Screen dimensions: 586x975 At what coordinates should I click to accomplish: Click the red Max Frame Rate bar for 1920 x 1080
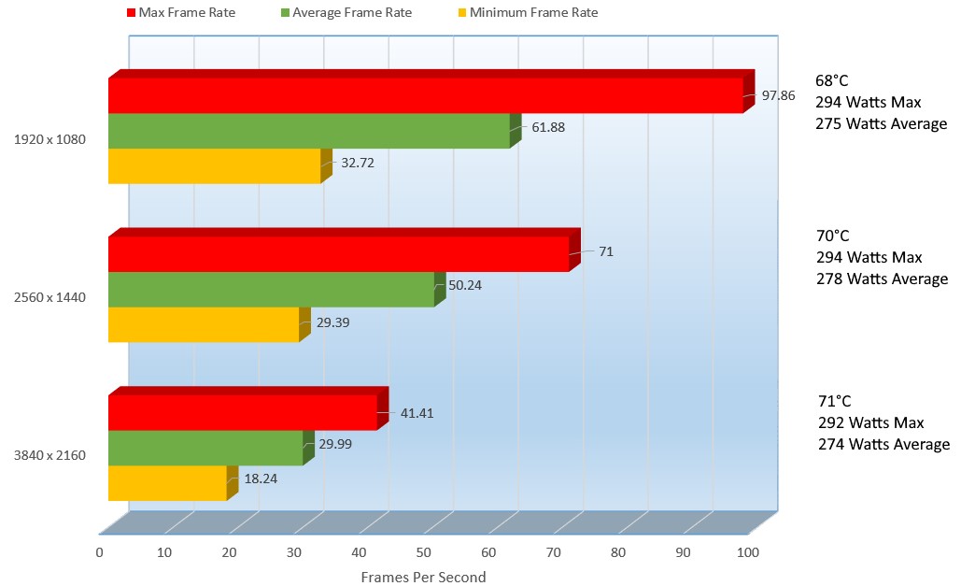click(425, 95)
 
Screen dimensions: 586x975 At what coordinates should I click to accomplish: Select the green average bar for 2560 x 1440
click(271, 290)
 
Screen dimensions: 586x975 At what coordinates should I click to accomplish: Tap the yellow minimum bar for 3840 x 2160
click(167, 483)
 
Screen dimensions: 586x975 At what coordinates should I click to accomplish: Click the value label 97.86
click(778, 95)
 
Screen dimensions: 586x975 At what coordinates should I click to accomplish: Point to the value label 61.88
click(548, 127)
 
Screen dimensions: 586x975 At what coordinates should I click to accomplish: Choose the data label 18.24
click(261, 478)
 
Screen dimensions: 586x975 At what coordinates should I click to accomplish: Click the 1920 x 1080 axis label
click(49, 139)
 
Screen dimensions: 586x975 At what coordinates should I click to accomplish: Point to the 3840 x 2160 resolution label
click(49, 455)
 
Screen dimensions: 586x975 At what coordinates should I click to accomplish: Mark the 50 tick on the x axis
click(423, 552)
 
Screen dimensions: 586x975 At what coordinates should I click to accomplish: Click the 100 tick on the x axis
click(747, 552)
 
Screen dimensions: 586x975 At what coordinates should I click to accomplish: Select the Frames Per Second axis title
click(423, 577)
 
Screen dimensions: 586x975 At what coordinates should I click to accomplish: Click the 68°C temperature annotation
click(833, 80)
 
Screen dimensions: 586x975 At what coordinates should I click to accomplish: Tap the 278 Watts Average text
click(882, 279)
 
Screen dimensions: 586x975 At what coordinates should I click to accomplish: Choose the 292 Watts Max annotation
click(869, 422)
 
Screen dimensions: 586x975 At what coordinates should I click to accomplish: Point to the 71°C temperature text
click(834, 401)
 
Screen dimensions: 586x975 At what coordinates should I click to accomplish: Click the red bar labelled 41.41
click(242, 412)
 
